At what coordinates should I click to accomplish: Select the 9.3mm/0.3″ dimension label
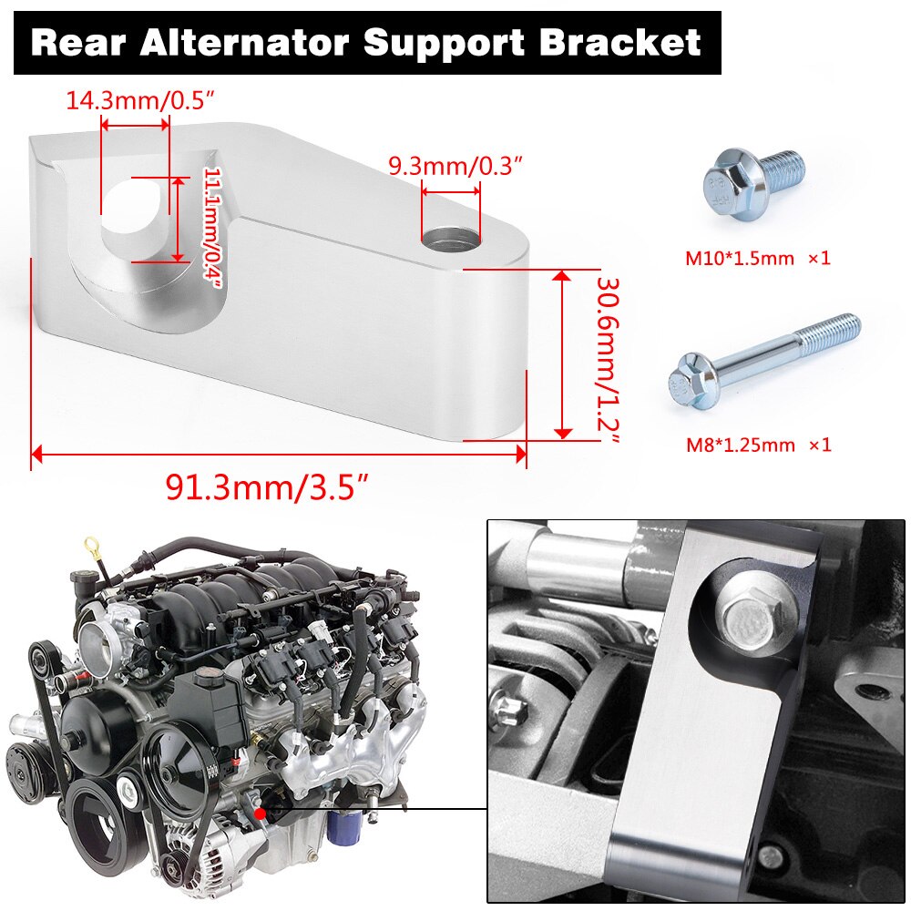coord(455,167)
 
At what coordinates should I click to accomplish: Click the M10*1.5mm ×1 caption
coord(758,258)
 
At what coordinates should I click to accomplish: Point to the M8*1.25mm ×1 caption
coord(758,445)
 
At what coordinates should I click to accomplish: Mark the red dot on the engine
coord(260,813)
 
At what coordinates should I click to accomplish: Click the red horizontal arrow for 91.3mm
coord(279,453)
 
